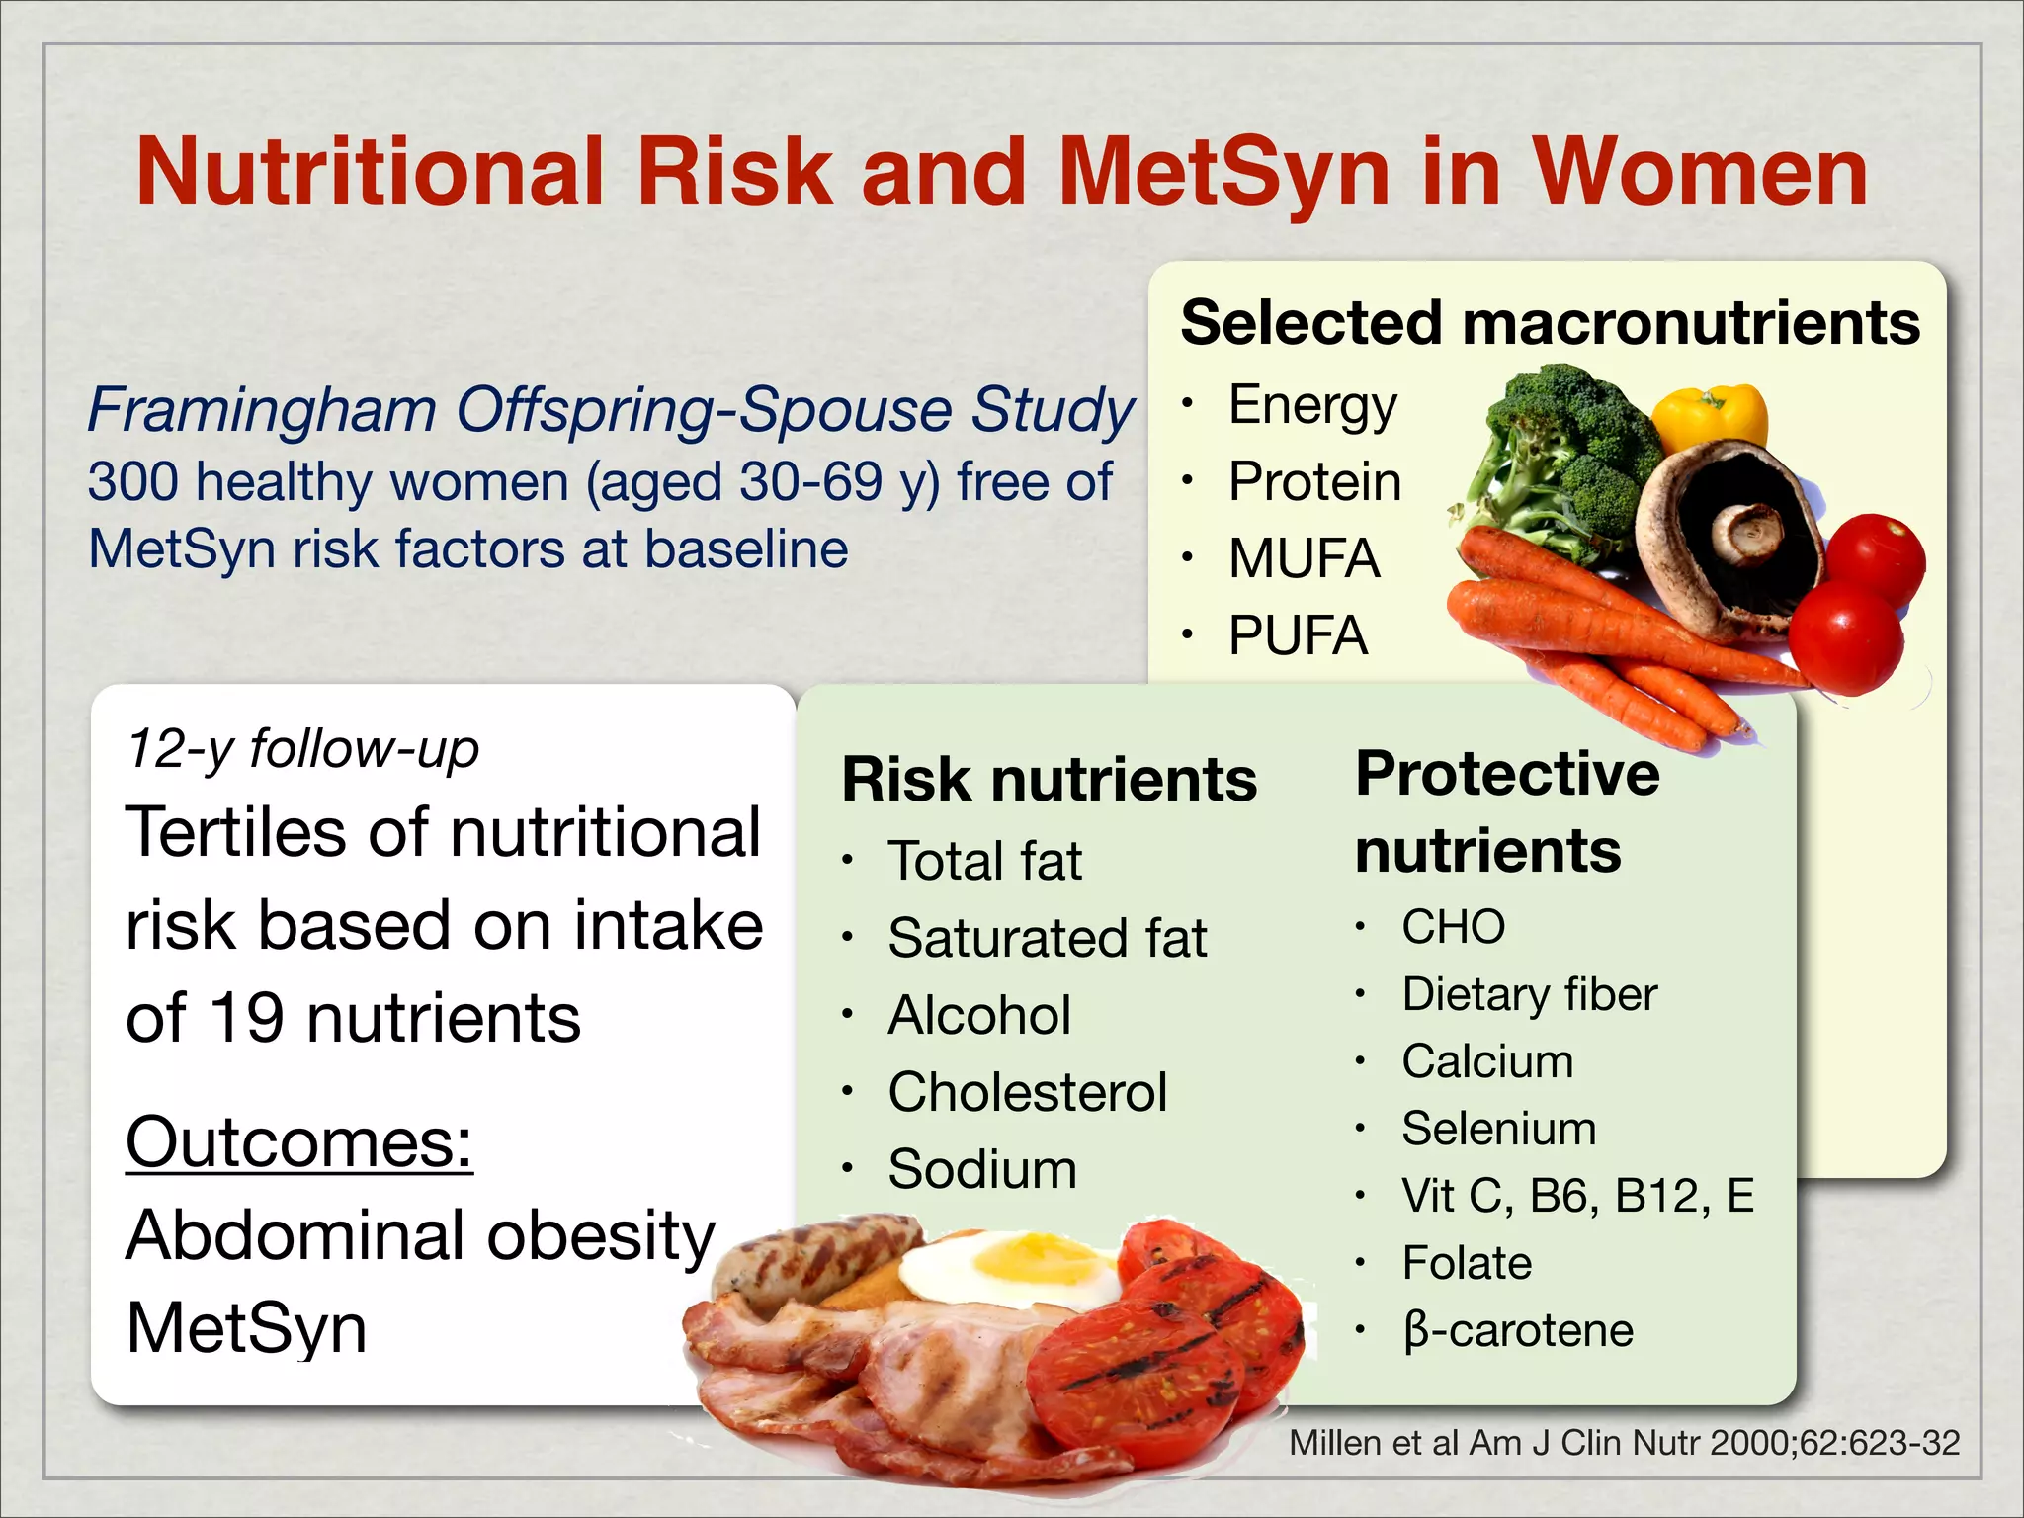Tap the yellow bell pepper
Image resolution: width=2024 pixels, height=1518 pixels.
click(x=1711, y=416)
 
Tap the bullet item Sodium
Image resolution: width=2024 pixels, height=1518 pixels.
click(x=981, y=1169)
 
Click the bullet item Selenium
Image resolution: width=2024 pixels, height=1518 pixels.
click(x=1498, y=1129)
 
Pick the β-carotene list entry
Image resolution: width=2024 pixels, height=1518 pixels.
click(x=1517, y=1330)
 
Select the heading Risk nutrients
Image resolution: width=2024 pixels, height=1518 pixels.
click(x=1049, y=780)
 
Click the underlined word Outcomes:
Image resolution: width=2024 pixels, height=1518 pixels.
click(x=299, y=1142)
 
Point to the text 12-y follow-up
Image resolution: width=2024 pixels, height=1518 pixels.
click(x=302, y=748)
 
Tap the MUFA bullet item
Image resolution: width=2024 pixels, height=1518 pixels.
click(x=1303, y=558)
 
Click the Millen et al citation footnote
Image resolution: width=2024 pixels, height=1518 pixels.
click(x=1623, y=1443)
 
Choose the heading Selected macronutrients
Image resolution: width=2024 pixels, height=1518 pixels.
click(x=1549, y=323)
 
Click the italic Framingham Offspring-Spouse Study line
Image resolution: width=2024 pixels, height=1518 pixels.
click(x=610, y=409)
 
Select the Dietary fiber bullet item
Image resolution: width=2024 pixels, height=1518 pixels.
click(x=1529, y=994)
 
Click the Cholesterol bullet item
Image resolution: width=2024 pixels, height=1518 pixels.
click(x=1027, y=1092)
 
